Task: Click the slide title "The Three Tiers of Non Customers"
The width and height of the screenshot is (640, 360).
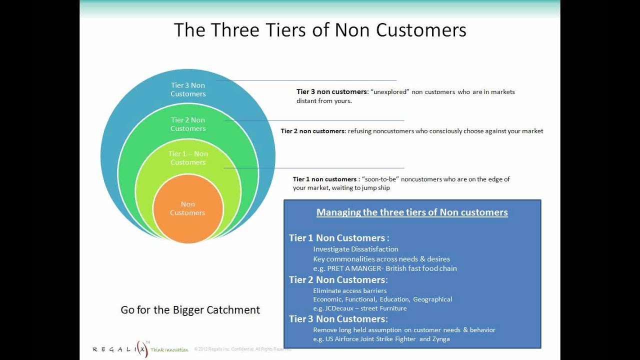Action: point(320,30)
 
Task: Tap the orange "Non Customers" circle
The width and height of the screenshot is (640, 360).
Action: point(187,208)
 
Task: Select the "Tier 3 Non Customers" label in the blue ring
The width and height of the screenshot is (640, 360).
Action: point(188,89)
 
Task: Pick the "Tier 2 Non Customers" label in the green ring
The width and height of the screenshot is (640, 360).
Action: point(188,124)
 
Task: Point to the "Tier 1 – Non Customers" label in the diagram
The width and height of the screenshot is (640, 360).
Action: point(188,158)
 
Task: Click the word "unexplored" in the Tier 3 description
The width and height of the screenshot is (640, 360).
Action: point(390,92)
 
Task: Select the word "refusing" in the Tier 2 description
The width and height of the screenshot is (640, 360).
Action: point(359,131)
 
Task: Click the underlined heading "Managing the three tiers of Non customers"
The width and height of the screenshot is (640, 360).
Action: point(412,212)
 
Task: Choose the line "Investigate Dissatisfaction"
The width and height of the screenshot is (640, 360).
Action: point(355,249)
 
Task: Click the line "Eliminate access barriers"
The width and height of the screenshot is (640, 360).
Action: point(349,290)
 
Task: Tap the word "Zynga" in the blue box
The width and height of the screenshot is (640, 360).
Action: point(441,339)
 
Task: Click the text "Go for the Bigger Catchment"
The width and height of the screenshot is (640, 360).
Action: point(190,310)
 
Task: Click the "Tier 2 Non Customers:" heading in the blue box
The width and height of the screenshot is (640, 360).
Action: point(338,280)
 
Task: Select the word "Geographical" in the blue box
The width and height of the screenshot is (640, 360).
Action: point(432,299)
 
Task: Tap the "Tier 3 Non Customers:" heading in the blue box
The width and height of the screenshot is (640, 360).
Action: point(338,319)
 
